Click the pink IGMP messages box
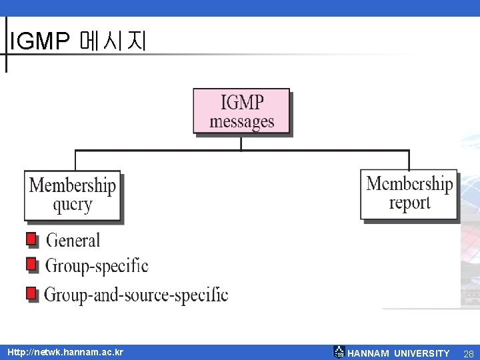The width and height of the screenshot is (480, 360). (242, 111)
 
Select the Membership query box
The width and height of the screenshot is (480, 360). (73, 195)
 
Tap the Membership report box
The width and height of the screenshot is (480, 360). (409, 193)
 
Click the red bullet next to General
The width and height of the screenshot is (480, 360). (31, 239)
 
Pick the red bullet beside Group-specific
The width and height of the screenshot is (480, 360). (31, 265)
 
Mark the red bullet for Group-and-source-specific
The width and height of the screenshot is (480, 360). (31, 293)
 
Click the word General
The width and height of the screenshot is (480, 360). (73, 240)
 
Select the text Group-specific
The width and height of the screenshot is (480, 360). (97, 266)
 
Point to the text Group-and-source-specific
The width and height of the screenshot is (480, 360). (136, 294)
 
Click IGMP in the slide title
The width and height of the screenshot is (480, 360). (39, 42)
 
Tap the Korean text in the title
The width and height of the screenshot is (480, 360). (111, 42)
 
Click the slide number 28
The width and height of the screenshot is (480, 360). (468, 353)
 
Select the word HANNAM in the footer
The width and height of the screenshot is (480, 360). (369, 353)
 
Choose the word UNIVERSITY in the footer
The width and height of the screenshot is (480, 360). (421, 353)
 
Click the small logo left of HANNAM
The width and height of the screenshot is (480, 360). (339, 352)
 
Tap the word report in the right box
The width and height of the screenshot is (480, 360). (409, 203)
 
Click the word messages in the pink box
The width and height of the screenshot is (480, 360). (242, 121)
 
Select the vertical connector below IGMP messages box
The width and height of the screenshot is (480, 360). (241, 143)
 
